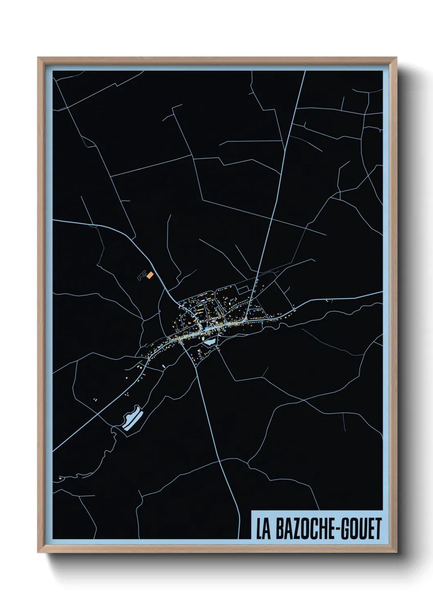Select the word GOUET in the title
coord(361,529)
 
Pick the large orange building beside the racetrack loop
coord(150,275)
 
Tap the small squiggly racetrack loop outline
coord(142,275)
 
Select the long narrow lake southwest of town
coord(131,418)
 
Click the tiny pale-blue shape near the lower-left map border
coord(60,478)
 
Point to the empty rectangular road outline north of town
coord(243,289)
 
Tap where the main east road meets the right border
coord(381,292)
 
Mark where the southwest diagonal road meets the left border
coord(53,451)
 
